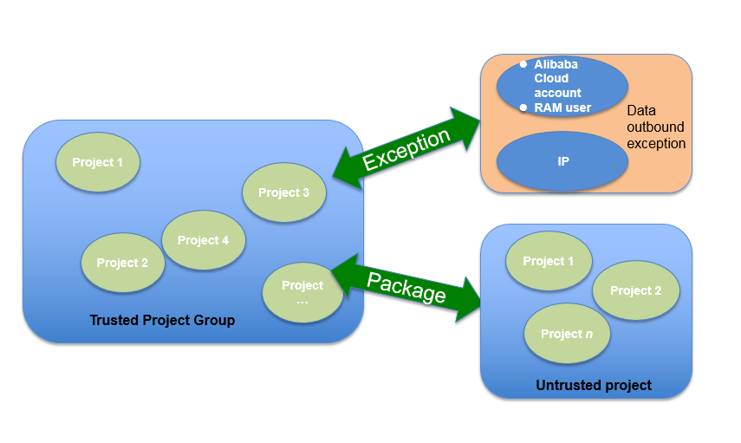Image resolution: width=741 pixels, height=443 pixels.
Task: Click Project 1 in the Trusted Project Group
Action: (98, 162)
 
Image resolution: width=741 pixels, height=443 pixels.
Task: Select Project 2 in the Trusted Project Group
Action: (122, 263)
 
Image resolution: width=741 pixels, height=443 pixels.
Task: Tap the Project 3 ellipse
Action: (284, 192)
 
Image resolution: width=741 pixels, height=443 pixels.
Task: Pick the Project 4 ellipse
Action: (204, 240)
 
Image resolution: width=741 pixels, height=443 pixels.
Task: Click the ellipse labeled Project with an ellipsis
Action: (302, 293)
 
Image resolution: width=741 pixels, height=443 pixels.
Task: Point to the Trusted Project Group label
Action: (162, 321)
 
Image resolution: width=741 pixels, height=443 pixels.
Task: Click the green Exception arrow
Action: (406, 148)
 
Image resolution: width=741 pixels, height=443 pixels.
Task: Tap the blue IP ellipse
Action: (563, 161)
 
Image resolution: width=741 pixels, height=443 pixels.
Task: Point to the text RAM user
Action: (563, 107)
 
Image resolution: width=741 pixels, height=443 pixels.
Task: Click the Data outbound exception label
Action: (655, 127)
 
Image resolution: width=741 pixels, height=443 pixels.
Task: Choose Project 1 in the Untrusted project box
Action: (549, 261)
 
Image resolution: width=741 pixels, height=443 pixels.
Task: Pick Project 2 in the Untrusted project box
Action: (635, 290)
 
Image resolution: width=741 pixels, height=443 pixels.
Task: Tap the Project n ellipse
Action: (567, 334)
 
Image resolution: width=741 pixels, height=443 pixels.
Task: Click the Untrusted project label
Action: (594, 385)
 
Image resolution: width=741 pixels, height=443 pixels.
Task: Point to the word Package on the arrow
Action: (406, 287)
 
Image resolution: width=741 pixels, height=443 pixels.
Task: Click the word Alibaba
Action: (556, 64)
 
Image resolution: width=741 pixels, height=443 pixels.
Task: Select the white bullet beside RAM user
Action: (523, 107)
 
